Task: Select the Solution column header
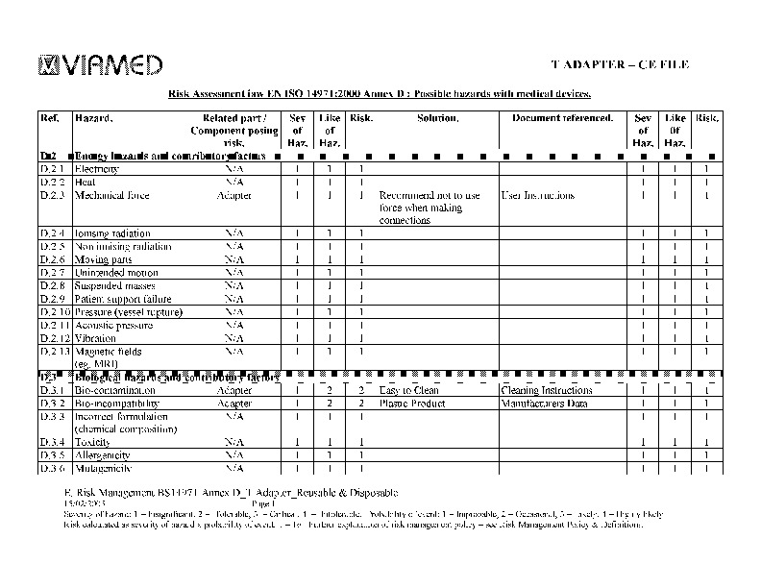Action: pos(437,118)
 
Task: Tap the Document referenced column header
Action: pos(562,118)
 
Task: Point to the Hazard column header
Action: pos(93,118)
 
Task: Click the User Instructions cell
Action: pos(537,195)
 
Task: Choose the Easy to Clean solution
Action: pos(408,391)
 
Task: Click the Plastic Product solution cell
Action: pos(412,404)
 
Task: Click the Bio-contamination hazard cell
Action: pos(110,391)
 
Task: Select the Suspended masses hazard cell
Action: pos(109,286)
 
